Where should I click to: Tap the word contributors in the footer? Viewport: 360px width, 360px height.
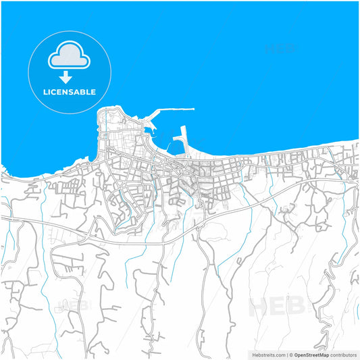pyautogui.click(x=344, y=355)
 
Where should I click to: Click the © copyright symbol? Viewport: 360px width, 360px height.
pyautogui.click(x=291, y=355)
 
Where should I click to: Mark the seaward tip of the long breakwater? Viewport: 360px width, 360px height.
pyautogui.click(x=193, y=109)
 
